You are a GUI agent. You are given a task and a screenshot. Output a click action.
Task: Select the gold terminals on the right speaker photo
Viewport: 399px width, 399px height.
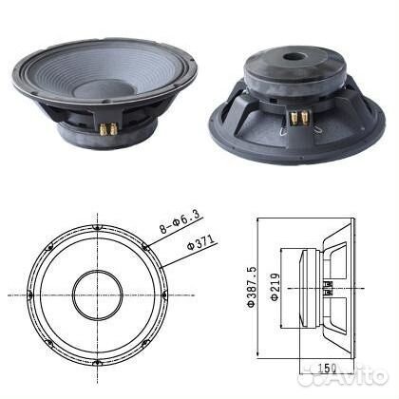coord(299,117)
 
